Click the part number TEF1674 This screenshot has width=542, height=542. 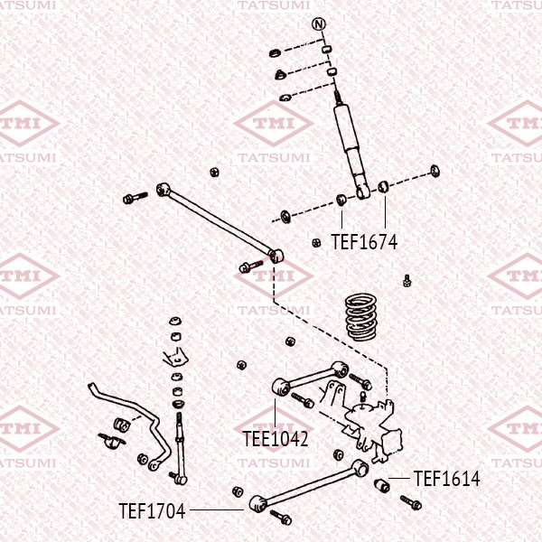tap(364, 242)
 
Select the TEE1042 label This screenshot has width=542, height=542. tap(276, 439)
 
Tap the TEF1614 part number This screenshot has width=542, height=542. tap(447, 478)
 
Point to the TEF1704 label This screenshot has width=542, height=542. tap(152, 511)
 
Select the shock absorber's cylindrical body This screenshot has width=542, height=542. tap(350, 145)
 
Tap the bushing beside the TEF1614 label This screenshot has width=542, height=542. tap(382, 486)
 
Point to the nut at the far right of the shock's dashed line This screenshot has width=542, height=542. tap(435, 170)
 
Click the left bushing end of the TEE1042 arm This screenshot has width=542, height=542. tap(280, 388)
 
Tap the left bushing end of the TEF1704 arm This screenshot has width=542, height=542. tap(255, 503)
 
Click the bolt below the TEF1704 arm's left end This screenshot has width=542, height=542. tap(279, 518)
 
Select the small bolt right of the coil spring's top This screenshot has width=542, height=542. tap(408, 279)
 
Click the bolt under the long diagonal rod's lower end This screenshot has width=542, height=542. tap(250, 266)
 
